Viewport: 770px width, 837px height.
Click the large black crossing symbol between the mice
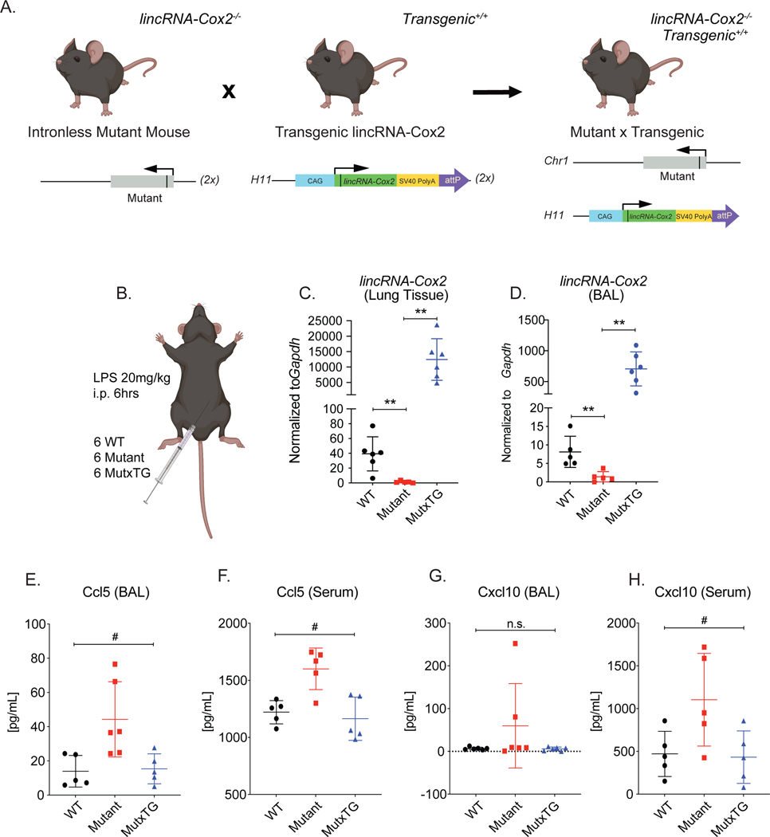pos(229,91)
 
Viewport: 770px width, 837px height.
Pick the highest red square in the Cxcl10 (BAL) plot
pos(493,643)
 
